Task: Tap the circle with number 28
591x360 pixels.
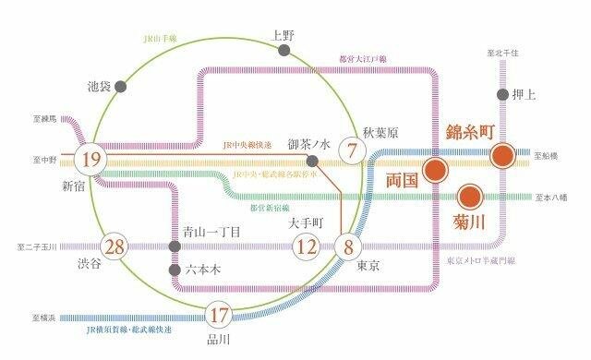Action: (x=115, y=246)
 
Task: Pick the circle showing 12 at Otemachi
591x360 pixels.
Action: (x=306, y=246)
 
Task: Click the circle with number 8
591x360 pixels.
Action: (x=349, y=246)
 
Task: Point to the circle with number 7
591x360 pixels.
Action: (x=352, y=149)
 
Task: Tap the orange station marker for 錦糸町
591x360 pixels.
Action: (x=503, y=155)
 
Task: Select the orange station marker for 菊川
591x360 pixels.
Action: (x=468, y=196)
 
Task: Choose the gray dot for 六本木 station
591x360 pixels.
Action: (x=174, y=270)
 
